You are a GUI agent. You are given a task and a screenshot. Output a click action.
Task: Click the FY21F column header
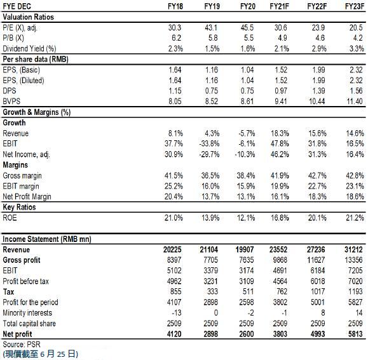pos(279,6)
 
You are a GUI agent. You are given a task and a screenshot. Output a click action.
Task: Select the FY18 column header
pos(175,6)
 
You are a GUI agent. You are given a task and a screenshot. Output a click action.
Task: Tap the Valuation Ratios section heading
pos(28,17)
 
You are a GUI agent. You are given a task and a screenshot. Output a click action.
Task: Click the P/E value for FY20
pos(247,28)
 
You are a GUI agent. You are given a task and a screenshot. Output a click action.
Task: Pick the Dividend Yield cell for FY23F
pos(357,48)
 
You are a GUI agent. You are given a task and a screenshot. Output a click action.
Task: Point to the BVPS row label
pos(11,101)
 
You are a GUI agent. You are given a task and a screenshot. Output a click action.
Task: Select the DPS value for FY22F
pos(318,91)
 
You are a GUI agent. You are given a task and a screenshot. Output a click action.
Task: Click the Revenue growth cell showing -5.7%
pos(247,133)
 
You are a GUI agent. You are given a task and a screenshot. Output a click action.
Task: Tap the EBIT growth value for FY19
pos(209,143)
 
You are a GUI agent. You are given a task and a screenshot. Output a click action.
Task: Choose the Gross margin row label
pos(22,175)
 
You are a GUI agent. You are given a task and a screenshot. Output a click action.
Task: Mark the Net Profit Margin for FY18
pos(174,196)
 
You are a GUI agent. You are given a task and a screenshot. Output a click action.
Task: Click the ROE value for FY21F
pos(280,218)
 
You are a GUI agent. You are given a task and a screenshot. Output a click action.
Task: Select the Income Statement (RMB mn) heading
pos(47,239)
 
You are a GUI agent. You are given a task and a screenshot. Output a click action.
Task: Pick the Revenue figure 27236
pos(316,250)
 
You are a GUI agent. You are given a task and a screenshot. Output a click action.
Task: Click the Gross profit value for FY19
pos(211,260)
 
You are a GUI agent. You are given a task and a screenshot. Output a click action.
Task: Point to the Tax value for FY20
pos(248,291)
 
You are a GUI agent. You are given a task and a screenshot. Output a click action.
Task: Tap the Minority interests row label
pos(27,312)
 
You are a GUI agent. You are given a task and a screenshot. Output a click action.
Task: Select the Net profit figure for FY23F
pos(355,334)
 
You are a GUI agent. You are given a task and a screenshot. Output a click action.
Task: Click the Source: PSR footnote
pos(22,344)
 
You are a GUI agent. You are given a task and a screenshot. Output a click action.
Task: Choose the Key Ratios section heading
pos(19,207)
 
